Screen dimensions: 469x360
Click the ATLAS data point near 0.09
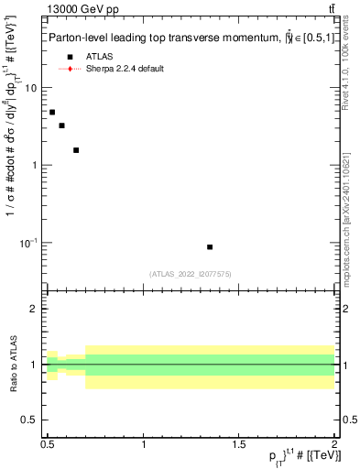pos(210,246)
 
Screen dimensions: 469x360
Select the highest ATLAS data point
pos(52,112)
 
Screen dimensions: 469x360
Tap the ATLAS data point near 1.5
pos(76,149)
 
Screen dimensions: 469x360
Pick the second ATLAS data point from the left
pos(61,125)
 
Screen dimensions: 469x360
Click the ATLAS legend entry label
pos(99,57)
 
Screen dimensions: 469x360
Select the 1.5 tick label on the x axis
pos(239,444)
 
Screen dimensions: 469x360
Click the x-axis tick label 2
pos(334,444)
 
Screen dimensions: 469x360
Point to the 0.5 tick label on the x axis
pos(48,444)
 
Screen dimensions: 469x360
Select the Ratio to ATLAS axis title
pos(13,365)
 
